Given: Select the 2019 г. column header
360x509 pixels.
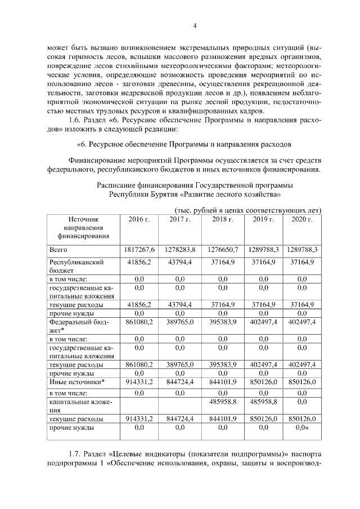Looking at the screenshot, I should click(263, 219).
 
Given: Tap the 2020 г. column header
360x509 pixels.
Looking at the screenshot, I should click(301, 219).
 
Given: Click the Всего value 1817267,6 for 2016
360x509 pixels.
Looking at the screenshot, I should click(139, 249).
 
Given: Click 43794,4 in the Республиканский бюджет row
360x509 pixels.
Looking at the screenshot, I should click(180, 262).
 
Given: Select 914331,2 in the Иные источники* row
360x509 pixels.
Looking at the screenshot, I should click(139, 382).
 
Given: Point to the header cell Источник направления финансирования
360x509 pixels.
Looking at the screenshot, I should click(83, 228).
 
